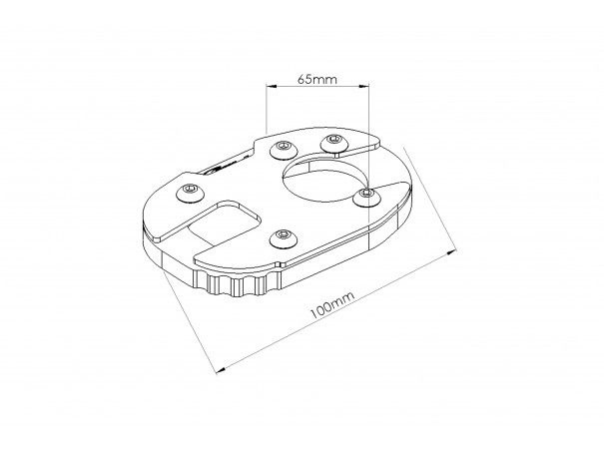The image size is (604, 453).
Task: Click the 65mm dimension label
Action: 317,79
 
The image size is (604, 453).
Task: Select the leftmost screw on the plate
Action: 190,192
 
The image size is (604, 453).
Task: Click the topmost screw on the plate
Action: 334,143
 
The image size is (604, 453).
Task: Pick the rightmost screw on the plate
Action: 367,197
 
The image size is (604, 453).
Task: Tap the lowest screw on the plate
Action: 284,237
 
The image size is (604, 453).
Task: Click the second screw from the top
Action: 284,150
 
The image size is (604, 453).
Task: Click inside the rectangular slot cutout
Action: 224,224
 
